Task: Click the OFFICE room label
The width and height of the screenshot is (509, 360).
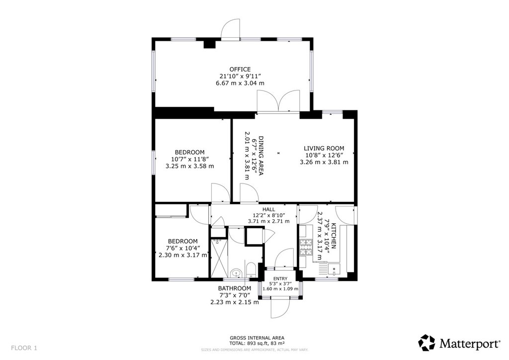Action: (x=240, y=69)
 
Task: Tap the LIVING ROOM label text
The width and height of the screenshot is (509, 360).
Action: (x=324, y=148)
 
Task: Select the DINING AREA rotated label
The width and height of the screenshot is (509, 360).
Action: (x=260, y=155)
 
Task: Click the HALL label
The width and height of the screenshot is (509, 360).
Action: (x=268, y=209)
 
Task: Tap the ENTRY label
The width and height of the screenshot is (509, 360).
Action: (x=280, y=278)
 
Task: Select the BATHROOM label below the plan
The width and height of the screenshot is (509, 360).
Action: (x=235, y=288)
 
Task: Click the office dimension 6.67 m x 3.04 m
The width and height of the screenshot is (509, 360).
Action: (x=240, y=83)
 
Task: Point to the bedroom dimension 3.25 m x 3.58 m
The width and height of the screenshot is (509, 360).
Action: (x=189, y=166)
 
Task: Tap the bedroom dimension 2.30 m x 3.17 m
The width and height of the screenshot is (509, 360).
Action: (x=183, y=255)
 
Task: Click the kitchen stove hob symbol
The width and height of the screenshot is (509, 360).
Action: (x=305, y=247)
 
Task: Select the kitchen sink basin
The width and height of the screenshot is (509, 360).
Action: (x=334, y=269)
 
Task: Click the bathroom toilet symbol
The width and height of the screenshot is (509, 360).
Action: (x=251, y=270)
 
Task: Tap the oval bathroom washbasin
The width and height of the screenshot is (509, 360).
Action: (x=236, y=273)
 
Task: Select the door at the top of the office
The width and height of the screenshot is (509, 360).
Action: (x=231, y=29)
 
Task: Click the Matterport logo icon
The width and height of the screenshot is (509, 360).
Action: (x=426, y=343)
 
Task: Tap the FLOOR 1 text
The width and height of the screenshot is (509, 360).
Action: (x=24, y=348)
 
